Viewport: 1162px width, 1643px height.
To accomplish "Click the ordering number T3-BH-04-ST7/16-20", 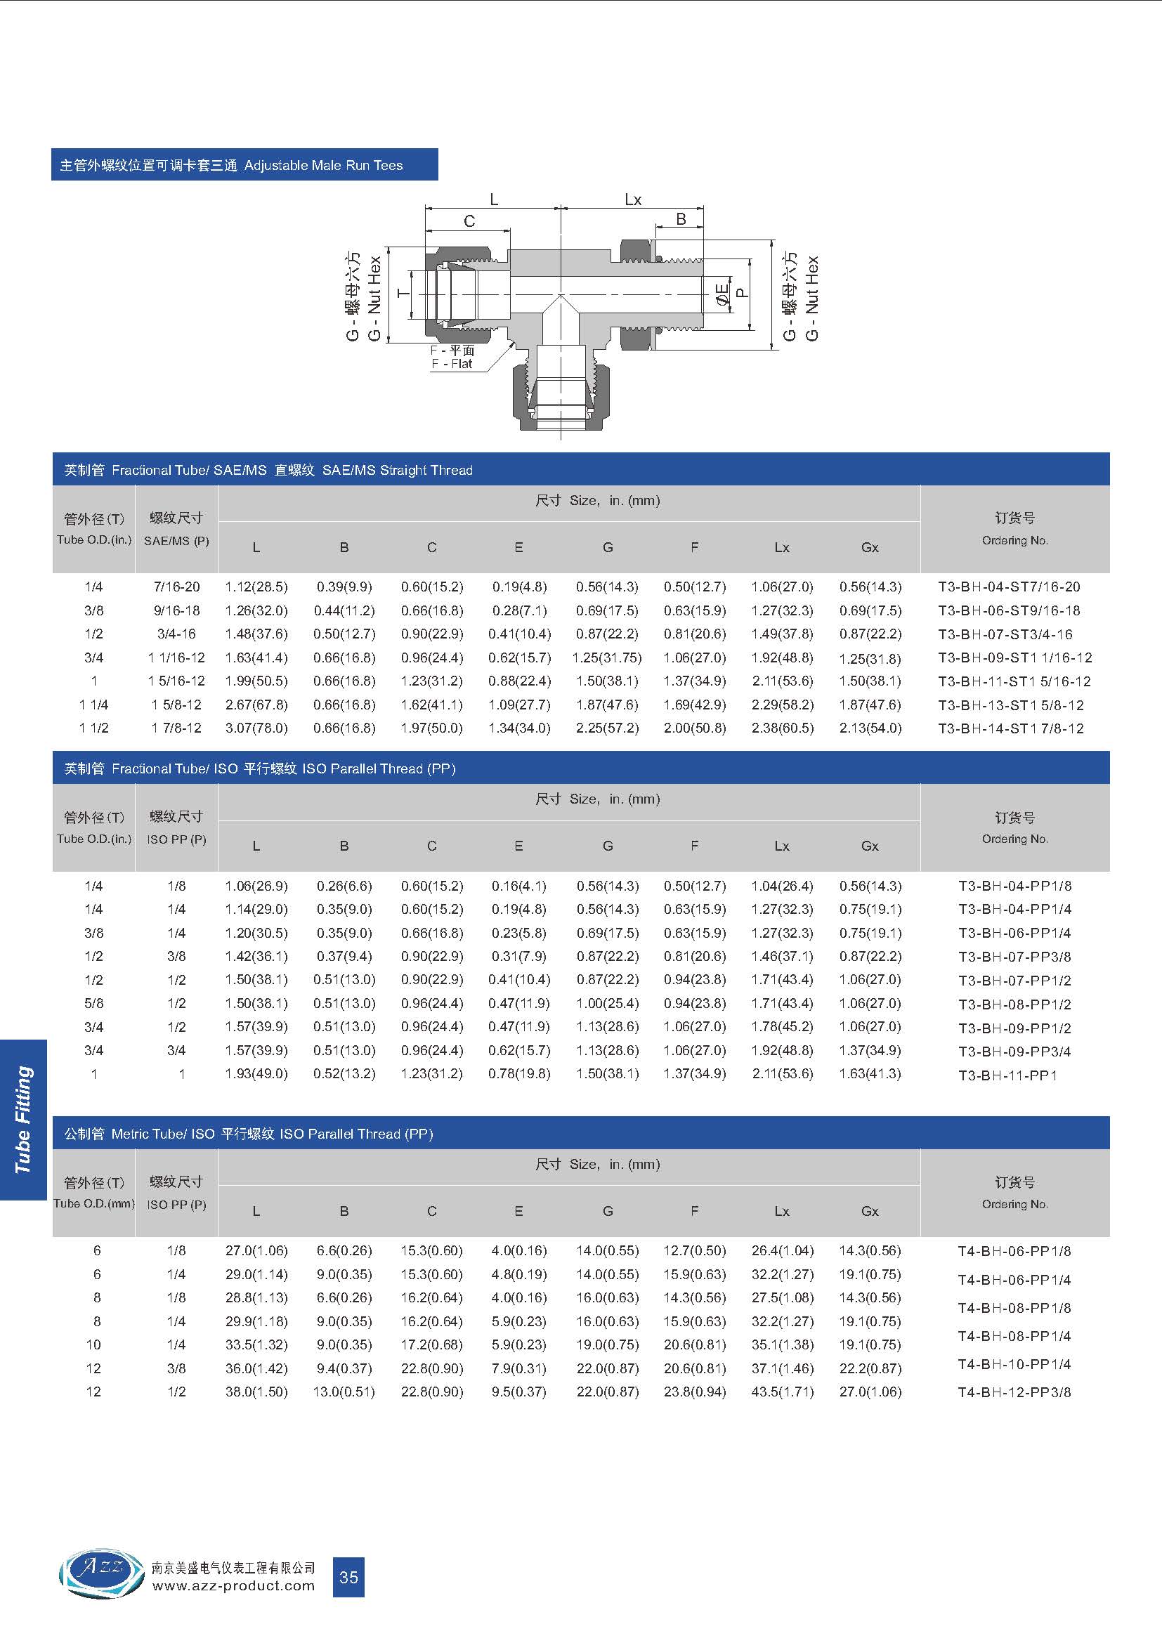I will [1009, 587].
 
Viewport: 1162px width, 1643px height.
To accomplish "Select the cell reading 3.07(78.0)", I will [256, 728].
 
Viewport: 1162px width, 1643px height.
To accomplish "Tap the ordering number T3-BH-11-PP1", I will [1007, 1075].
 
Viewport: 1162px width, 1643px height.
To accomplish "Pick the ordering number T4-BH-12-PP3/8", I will [1014, 1392].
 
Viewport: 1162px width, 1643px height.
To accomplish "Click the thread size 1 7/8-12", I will [176, 728].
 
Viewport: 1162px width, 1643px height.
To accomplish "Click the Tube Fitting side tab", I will [24, 1119].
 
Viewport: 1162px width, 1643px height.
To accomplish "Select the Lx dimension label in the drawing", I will [633, 199].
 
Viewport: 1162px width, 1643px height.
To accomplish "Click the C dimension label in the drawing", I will [469, 221].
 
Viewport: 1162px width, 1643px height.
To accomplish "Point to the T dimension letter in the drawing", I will [403, 293].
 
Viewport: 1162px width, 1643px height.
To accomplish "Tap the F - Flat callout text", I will [452, 364].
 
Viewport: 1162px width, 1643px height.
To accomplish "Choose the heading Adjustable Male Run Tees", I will [323, 165].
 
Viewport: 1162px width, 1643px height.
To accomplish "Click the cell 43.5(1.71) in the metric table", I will [782, 1392].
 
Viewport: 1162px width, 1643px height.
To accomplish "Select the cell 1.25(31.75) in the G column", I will [607, 657].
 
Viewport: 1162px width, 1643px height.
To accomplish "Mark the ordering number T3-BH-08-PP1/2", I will [1014, 1004].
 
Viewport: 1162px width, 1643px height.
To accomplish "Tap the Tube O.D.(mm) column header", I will [93, 1204].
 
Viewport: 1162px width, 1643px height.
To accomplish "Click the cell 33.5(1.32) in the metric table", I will [256, 1344].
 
